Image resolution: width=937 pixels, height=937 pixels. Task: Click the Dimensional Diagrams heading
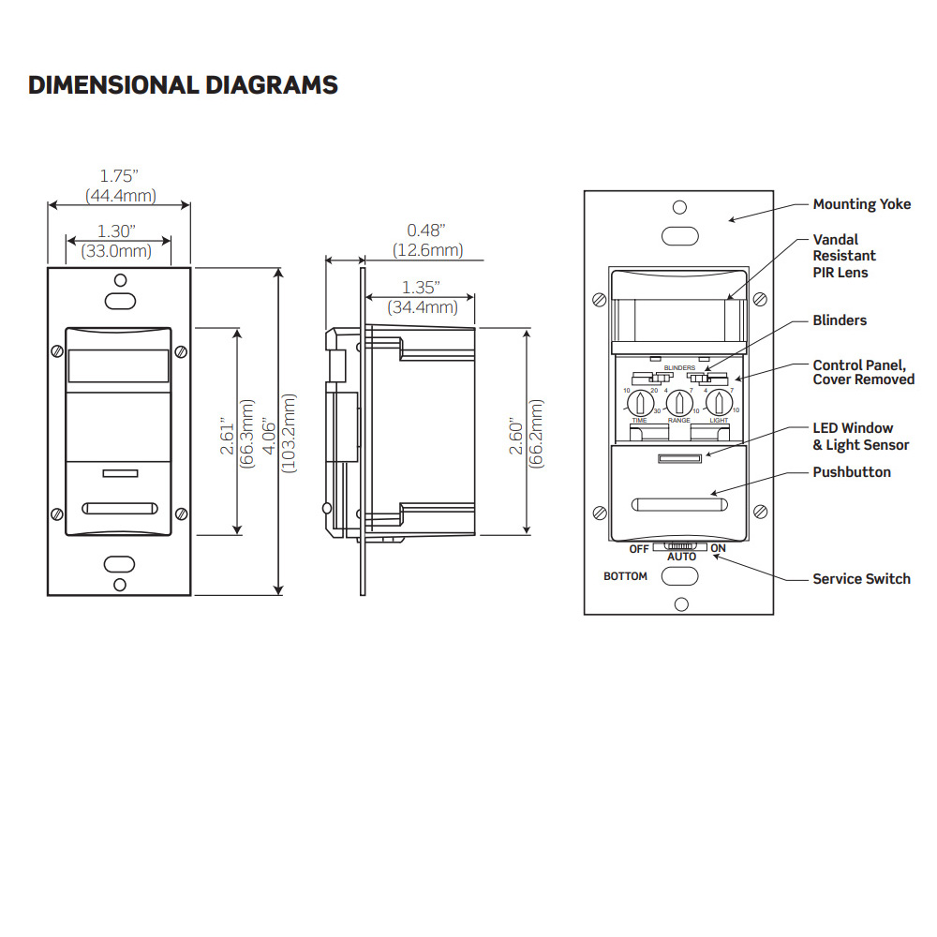point(183,85)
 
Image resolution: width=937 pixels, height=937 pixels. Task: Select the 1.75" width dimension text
point(120,175)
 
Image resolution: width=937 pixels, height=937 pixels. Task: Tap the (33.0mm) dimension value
point(119,250)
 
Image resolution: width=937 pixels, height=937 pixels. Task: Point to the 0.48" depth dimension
point(425,230)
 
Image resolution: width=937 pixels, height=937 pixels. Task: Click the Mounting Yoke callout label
point(861,204)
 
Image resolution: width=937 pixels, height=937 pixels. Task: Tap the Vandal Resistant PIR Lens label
point(844,256)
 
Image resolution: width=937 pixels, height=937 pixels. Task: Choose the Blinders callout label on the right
point(840,320)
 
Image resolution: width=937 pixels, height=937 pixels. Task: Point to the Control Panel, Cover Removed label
point(863,372)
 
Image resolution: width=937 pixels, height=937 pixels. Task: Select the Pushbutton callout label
point(851,472)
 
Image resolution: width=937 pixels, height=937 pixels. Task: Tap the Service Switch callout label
point(860,579)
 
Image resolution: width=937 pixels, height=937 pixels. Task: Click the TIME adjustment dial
point(638,403)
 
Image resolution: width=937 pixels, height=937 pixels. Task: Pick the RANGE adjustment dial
point(678,403)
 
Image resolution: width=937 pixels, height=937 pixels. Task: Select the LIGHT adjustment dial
point(719,403)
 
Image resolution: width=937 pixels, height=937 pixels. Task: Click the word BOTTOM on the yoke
point(625,576)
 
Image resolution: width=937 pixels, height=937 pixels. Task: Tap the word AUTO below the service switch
point(681,557)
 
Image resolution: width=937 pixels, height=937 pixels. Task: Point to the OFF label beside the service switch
point(639,548)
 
